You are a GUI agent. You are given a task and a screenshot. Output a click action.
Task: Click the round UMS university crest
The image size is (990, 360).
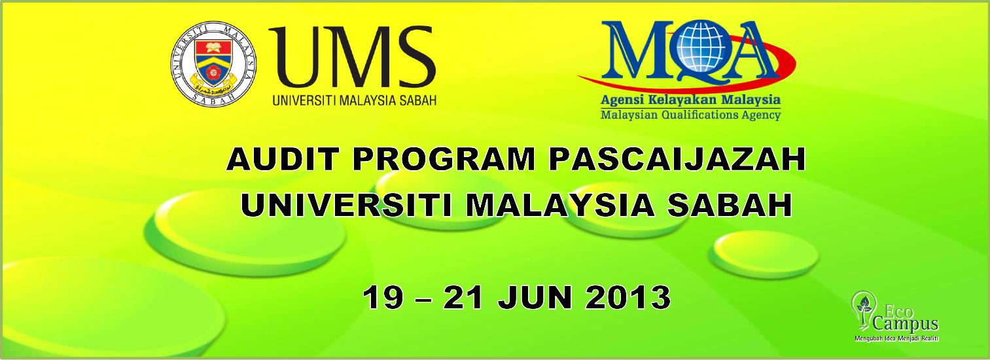[214, 65]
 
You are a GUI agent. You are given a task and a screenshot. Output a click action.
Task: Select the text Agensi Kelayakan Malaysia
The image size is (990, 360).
[690, 100]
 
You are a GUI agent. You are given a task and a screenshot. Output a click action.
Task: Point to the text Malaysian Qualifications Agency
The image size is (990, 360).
[690, 115]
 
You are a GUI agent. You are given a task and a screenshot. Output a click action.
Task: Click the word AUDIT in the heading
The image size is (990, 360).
[283, 160]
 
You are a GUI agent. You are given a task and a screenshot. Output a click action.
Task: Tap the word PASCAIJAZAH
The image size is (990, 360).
[677, 160]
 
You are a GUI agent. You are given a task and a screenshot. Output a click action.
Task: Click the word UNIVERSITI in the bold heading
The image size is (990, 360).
[345, 206]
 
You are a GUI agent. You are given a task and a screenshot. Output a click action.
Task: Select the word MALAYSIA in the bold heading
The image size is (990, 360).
[560, 206]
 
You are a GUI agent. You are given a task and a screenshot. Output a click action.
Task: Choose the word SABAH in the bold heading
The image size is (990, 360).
[729, 206]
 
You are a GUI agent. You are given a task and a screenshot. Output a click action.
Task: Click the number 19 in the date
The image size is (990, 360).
[383, 297]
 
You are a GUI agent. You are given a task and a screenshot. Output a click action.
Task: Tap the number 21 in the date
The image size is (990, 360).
[464, 297]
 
